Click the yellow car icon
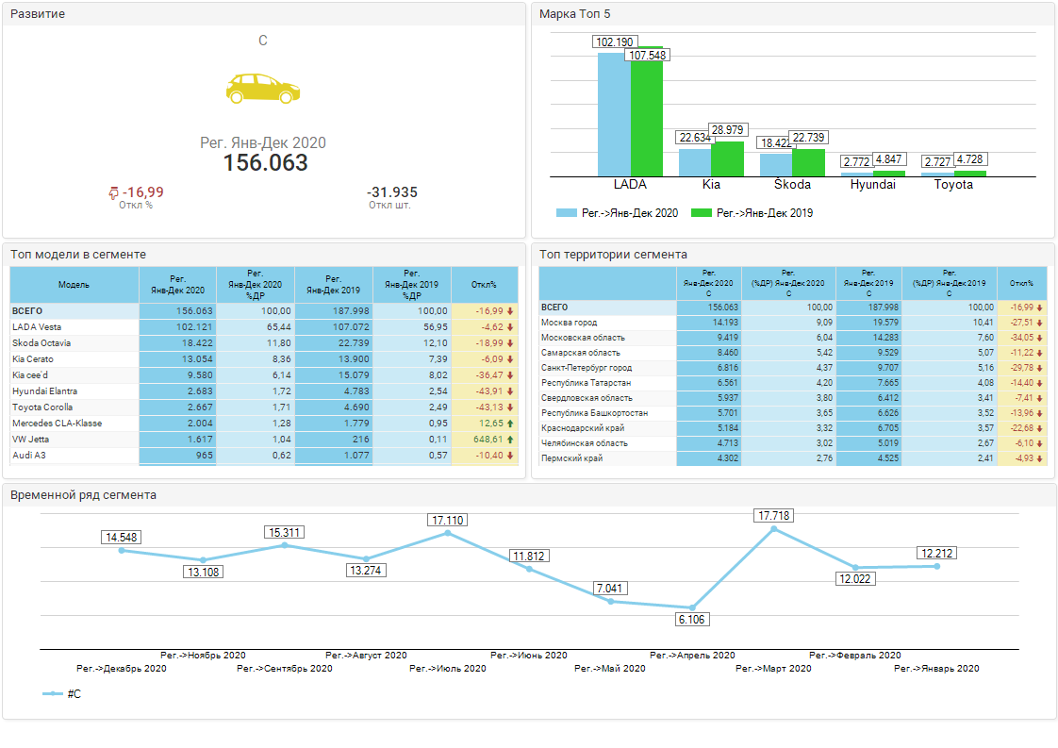[x=263, y=88]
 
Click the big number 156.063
[x=265, y=163]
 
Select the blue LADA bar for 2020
[x=614, y=114]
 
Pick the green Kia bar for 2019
[x=727, y=158]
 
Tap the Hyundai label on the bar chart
[x=872, y=185]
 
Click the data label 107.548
[x=648, y=56]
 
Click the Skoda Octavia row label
[x=41, y=343]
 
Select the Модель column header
[x=74, y=285]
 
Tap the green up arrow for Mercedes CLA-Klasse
[x=510, y=424]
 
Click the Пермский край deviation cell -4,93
[x=1020, y=458]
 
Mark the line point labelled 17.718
[x=773, y=529]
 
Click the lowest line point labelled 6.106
[x=692, y=607]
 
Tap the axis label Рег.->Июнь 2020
[x=529, y=655]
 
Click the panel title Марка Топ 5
[x=575, y=14]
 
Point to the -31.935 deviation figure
[x=391, y=192]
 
